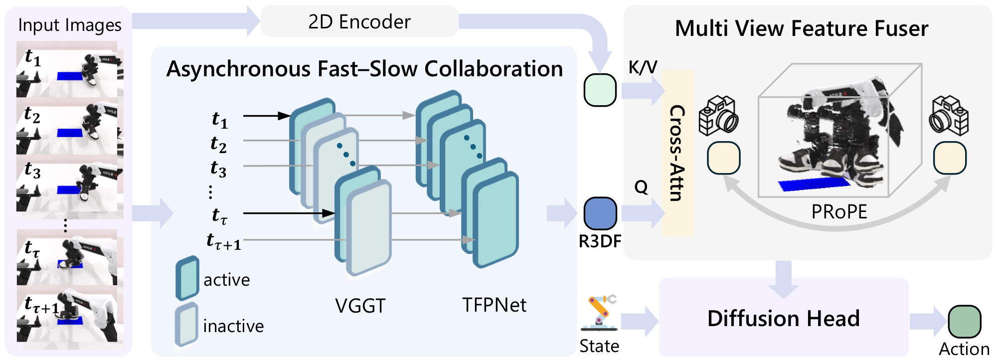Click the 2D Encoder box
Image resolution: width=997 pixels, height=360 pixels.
pyautogui.click(x=359, y=21)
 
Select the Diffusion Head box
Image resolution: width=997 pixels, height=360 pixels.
pyautogui.click(x=783, y=318)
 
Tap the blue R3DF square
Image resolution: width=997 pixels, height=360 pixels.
pyautogui.click(x=600, y=213)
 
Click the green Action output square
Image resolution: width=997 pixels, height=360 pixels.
pyautogui.click(x=964, y=322)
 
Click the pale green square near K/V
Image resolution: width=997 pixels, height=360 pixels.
pyautogui.click(x=600, y=90)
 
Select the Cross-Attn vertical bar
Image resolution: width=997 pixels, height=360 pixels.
pyautogui.click(x=677, y=153)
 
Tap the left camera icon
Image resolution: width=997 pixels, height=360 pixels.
pyautogui.click(x=718, y=115)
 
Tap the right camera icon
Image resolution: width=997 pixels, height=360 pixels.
pyautogui.click(x=949, y=116)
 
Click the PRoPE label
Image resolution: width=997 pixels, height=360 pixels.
pyautogui.click(x=839, y=212)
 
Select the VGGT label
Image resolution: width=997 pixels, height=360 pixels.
pyautogui.click(x=360, y=306)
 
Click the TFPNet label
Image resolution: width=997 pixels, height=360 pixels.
pyautogui.click(x=494, y=305)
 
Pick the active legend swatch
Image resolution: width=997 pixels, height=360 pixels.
pyautogui.click(x=187, y=278)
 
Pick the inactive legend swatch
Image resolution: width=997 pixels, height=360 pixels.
pyautogui.click(x=187, y=324)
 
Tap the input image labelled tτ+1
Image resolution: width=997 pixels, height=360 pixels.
pyautogui.click(x=70, y=314)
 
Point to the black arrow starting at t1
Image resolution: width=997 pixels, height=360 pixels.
pyautogui.click(x=267, y=116)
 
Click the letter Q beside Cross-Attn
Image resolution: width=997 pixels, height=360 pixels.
pyautogui.click(x=641, y=187)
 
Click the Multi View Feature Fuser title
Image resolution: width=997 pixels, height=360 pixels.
pyautogui.click(x=801, y=28)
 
